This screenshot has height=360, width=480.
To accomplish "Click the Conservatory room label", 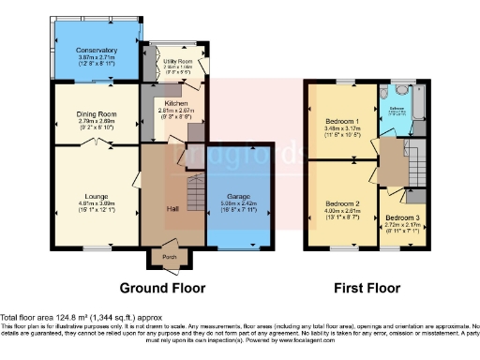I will (97, 50).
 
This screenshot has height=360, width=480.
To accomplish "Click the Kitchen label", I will (176, 102).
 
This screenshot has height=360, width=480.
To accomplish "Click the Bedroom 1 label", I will (342, 122).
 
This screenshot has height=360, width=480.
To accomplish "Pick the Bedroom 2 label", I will (342, 203).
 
